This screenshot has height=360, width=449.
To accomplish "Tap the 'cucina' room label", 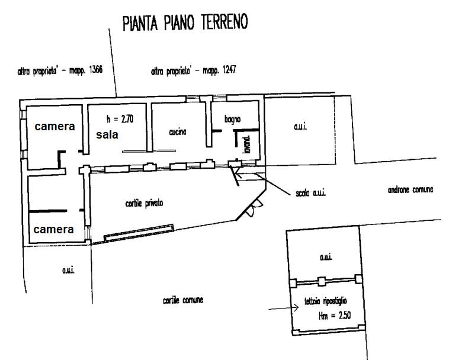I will coord(178,133).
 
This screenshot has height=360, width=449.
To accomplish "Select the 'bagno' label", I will coord(232,120).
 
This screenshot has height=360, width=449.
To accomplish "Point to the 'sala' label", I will coord(107,134).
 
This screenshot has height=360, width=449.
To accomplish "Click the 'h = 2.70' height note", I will coord(120,118).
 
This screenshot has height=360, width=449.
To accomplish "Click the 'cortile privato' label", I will coord(144,203).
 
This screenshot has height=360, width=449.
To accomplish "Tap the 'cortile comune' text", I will coord(183,300).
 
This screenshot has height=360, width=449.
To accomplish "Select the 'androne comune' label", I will coord(410,190).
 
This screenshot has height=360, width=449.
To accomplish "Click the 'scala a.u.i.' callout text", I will coord(312,194).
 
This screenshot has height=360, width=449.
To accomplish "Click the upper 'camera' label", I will coord(54,126).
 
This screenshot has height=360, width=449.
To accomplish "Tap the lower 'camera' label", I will coord(54,229).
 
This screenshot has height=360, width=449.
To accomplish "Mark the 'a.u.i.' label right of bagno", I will coord(302,127).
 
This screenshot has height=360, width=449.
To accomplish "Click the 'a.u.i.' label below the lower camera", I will coord(67,270).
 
